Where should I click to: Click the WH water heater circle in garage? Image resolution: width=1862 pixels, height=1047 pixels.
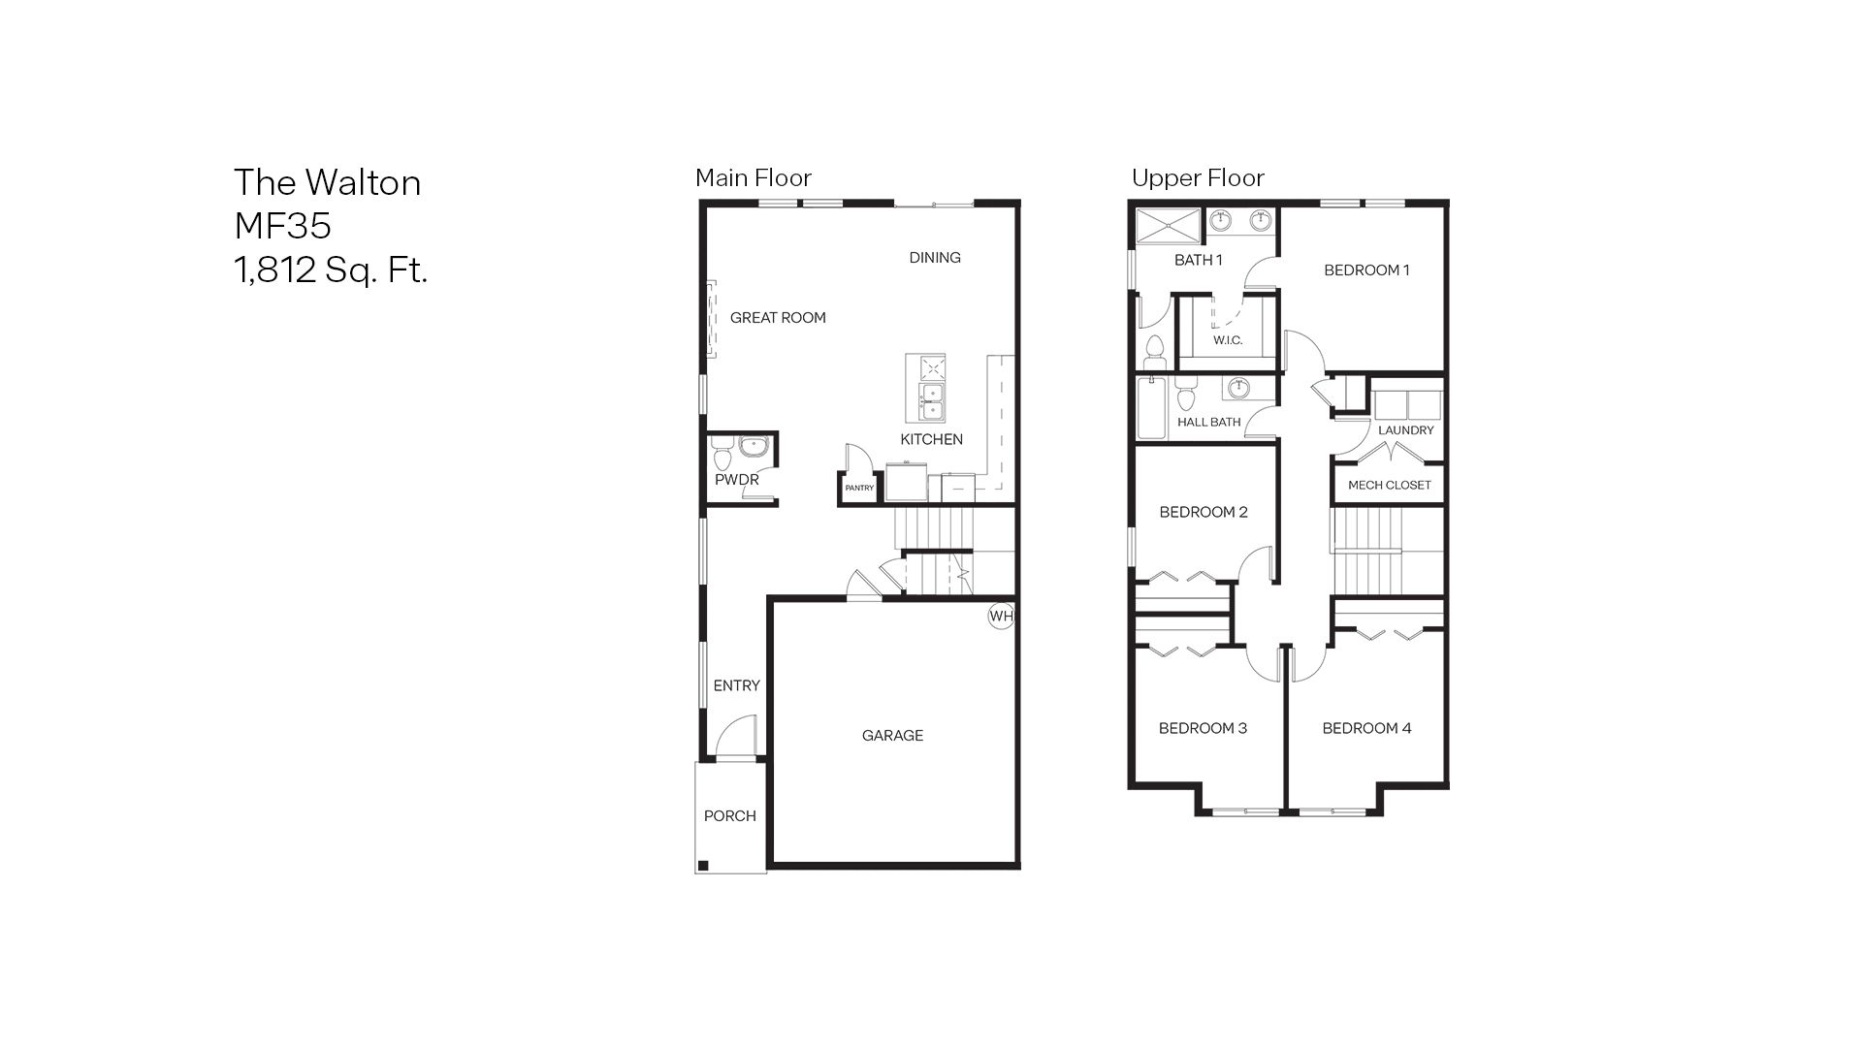(x=1001, y=616)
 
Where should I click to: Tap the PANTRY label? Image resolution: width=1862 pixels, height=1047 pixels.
(x=859, y=488)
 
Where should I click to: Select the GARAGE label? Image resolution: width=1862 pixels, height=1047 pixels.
(x=892, y=735)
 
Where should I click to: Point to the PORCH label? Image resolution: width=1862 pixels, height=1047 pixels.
(x=729, y=815)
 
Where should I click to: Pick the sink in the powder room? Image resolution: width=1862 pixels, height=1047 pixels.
(x=754, y=447)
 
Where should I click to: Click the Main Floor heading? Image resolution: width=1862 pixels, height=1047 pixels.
(x=753, y=177)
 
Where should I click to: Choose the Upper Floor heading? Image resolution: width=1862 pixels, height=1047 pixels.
(x=1198, y=177)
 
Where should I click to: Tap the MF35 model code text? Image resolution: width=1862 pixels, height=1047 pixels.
(x=282, y=226)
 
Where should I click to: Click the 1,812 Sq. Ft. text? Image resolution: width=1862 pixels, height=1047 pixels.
(x=331, y=270)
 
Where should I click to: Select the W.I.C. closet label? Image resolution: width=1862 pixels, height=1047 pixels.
(x=1228, y=340)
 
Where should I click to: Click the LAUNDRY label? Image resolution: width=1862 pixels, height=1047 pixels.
(x=1405, y=429)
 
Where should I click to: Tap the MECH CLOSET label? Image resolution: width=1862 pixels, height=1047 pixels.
(x=1389, y=485)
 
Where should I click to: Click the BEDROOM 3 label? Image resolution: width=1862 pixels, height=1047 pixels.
(x=1203, y=728)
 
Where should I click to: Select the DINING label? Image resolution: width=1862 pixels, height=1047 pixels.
(x=935, y=257)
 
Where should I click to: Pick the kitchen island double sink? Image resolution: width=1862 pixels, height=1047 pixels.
(x=930, y=402)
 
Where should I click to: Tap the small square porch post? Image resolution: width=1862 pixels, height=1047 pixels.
(x=705, y=865)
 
